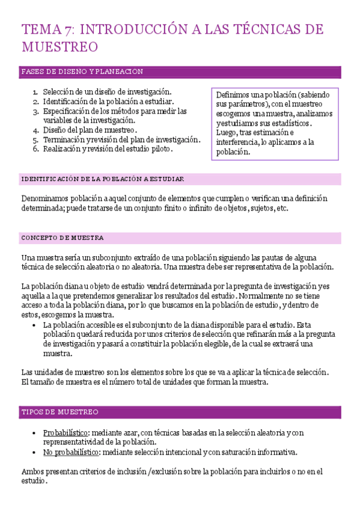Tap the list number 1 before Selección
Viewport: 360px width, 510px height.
(x=35, y=91)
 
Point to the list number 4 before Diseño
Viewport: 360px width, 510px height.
(x=35, y=130)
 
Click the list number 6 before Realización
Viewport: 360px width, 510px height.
(x=35, y=149)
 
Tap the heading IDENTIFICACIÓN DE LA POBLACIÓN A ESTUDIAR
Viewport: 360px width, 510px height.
(x=102, y=179)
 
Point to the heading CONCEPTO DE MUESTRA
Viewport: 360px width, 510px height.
(x=63, y=238)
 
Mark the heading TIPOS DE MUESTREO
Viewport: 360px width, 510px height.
(x=60, y=413)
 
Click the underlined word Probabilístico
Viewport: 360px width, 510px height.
(x=66, y=433)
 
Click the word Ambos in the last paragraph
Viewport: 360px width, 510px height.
(x=32, y=472)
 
